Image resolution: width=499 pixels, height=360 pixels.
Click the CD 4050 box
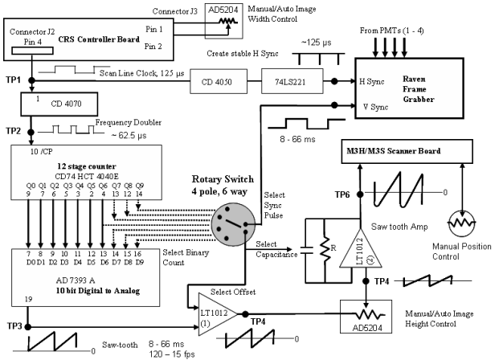219,81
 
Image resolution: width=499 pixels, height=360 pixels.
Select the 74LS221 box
292,81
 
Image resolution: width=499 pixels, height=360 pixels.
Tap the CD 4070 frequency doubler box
59,104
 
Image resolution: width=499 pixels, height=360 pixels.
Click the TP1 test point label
13,80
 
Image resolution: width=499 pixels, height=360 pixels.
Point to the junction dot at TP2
31,132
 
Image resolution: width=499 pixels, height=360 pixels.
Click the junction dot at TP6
360,194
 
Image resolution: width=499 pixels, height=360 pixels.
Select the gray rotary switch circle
233,225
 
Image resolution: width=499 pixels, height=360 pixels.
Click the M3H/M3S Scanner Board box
407,152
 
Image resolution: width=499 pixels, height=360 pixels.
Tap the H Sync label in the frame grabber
372,81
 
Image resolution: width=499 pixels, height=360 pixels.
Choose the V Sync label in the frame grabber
375,107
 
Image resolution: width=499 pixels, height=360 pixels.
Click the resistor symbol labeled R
325,249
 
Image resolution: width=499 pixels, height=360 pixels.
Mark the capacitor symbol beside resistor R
305,250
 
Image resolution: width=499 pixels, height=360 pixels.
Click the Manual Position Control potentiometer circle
462,223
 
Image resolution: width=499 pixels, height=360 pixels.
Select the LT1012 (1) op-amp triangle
217,314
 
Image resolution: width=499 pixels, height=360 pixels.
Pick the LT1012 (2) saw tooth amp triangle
361,248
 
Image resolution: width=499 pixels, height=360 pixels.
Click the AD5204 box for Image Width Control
223,21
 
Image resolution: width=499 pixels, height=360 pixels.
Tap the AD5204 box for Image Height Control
366,317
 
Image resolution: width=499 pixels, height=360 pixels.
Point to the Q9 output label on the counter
139,186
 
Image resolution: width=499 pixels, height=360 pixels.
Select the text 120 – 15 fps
172,354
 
